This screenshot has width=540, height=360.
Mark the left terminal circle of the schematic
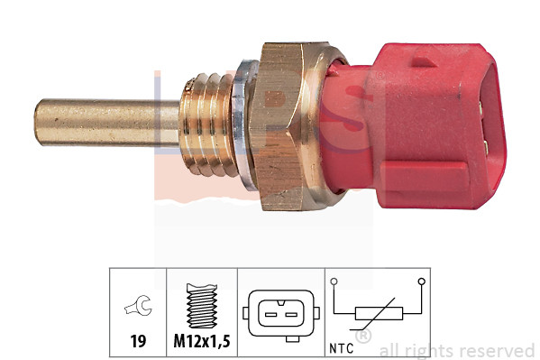(334, 282)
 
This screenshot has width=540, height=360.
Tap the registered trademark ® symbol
(363, 337)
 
